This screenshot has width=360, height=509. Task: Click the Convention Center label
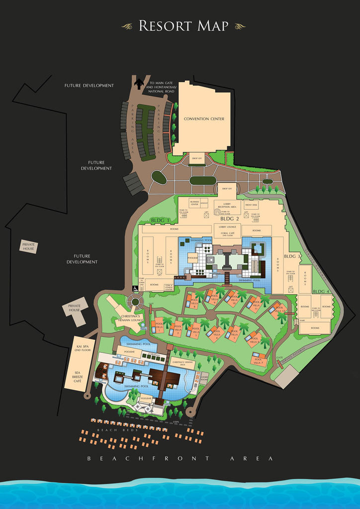click(x=204, y=119)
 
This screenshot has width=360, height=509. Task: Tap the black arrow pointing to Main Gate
click(x=138, y=84)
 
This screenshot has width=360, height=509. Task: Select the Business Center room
click(x=194, y=203)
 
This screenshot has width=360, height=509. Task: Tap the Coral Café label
click(x=227, y=235)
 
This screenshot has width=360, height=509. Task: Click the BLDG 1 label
click(x=160, y=220)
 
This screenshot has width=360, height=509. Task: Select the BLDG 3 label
click(x=292, y=256)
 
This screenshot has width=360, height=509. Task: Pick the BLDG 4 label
click(x=321, y=291)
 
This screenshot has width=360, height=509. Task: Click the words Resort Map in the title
click(x=184, y=26)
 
